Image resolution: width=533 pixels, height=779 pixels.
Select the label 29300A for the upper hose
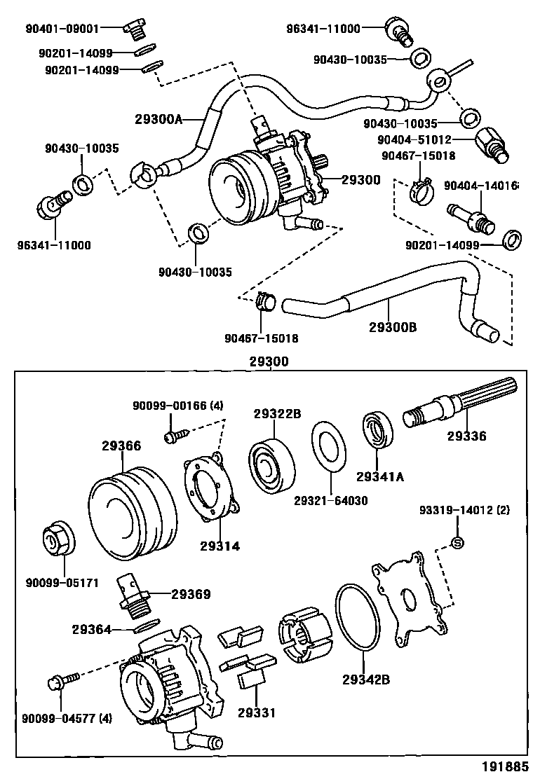click(159, 119)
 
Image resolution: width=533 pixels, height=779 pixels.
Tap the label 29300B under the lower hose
click(393, 326)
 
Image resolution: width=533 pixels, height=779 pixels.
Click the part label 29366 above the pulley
click(121, 446)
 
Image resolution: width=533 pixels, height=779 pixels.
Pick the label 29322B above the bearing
click(277, 414)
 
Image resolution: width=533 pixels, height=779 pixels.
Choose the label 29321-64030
click(330, 500)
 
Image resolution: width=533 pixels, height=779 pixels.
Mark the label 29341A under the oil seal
click(380, 477)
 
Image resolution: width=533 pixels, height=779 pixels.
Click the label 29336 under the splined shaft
click(466, 436)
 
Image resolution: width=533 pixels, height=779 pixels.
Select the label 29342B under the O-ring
click(366, 679)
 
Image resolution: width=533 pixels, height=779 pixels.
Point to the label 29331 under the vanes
click(256, 712)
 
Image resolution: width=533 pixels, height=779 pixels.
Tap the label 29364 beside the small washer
click(91, 629)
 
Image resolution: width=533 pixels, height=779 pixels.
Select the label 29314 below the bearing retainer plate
click(219, 545)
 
